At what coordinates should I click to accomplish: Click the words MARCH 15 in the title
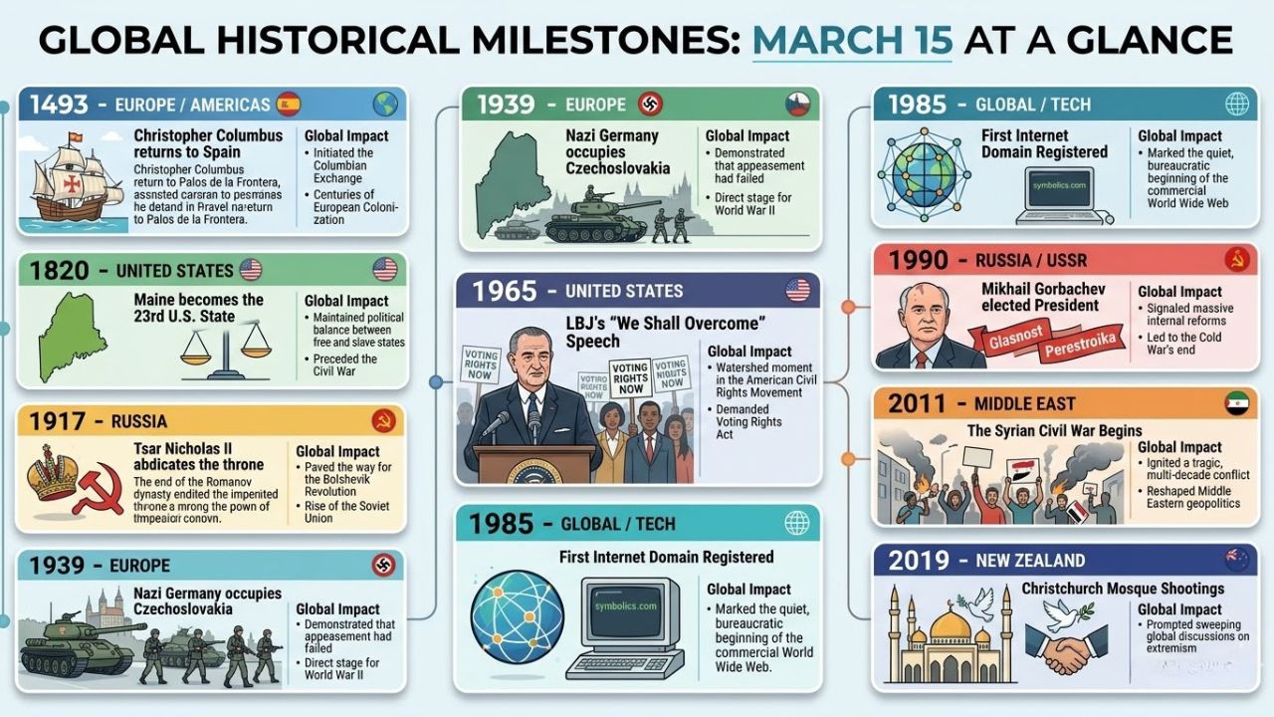pos(852,40)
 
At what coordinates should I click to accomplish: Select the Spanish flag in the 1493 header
pos(288,104)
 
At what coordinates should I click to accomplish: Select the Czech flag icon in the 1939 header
pos(798,104)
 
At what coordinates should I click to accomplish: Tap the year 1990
pos(919,260)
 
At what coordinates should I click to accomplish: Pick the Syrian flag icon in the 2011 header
pos(1235,403)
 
